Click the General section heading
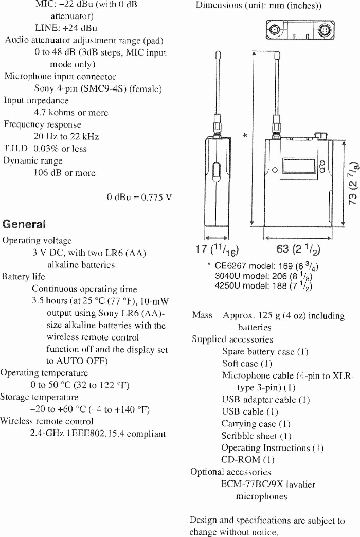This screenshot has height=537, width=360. point(24,224)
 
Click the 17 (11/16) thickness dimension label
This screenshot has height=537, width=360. point(215,250)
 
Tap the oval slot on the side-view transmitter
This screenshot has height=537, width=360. point(216,171)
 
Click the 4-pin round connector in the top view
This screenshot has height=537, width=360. point(326,29)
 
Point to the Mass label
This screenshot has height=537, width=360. point(202,315)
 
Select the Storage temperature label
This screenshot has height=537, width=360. point(39,397)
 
